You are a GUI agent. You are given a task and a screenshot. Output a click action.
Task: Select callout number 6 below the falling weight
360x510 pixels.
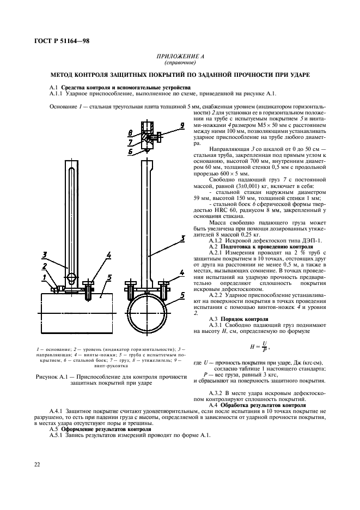pyautogui.click(x=131, y=152)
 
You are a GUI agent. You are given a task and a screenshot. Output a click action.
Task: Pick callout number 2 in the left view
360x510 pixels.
pyautogui.click(x=48, y=266)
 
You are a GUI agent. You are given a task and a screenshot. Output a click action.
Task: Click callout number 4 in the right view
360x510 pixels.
pyautogui.click(x=182, y=271)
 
